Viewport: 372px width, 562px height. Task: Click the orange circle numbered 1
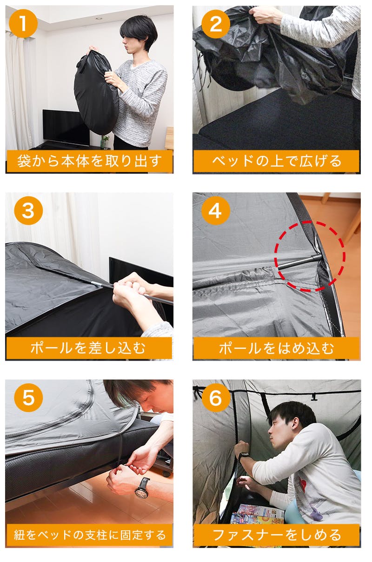coord(23,24)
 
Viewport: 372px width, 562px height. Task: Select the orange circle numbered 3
coord(28,210)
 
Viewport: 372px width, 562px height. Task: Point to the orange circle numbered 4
coord(216,210)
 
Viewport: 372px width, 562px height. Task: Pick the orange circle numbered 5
coord(28,397)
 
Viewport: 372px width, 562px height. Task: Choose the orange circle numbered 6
coord(216,397)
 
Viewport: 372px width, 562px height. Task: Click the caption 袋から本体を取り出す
coord(90,161)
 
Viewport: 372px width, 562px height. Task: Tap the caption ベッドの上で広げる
coord(277,161)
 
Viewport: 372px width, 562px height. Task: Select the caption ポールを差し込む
coord(88,348)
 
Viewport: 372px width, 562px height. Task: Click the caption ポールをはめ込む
coord(276,348)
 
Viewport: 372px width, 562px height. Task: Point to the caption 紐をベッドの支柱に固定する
coord(90,535)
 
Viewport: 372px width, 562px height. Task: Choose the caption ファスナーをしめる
coord(277,535)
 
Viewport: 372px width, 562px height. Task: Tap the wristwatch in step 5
coord(142,488)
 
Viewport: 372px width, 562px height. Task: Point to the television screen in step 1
coord(66,127)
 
